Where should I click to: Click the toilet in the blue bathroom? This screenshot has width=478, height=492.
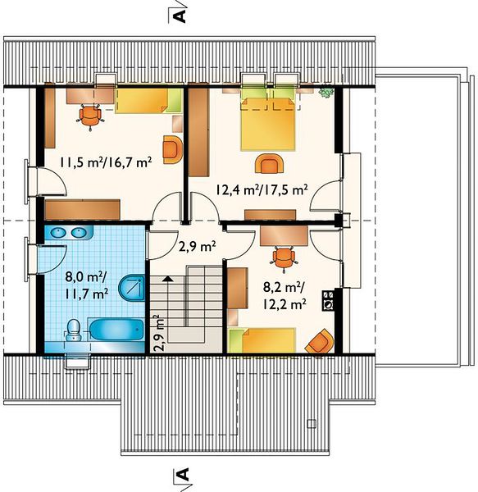tap(74, 330)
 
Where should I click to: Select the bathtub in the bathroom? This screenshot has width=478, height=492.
tap(116, 329)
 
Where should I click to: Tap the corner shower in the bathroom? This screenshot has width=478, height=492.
tap(132, 288)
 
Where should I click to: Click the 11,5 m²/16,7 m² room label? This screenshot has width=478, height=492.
tap(106, 162)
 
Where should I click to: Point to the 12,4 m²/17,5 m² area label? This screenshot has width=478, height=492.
tap(262, 190)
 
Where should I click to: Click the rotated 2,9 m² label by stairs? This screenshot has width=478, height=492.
tap(160, 333)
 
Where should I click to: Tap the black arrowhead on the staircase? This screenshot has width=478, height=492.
tap(168, 278)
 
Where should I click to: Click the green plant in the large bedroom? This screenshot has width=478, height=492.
tap(326, 91)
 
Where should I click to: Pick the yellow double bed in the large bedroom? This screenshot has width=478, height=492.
tap(268, 125)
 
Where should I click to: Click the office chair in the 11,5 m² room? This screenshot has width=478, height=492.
tap(91, 116)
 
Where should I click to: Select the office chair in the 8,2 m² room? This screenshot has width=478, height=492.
tap(284, 258)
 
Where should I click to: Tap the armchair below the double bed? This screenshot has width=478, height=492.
tap(270, 163)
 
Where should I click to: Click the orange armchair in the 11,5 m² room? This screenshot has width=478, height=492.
tap(172, 149)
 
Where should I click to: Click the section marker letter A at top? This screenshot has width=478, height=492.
tap(180, 16)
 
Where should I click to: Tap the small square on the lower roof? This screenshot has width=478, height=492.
tap(312, 424)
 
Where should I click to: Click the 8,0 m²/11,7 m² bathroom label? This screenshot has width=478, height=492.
tap(87, 285)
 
